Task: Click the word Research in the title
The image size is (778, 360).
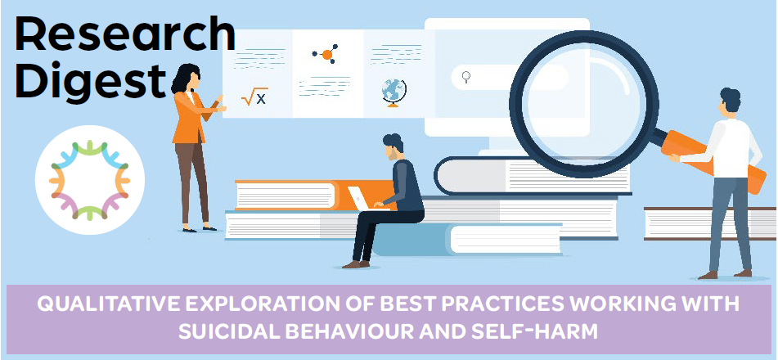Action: (125, 35)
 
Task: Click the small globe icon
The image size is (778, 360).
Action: (394, 93)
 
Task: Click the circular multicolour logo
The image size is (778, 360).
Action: (89, 180)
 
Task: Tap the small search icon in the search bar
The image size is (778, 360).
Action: (466, 77)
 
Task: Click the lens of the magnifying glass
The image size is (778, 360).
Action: (584, 104)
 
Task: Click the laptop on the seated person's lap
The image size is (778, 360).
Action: (362, 199)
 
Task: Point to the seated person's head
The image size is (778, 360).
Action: (393, 146)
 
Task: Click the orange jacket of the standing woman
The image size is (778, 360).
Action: (192, 118)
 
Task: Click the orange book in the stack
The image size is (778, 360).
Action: (313, 195)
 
